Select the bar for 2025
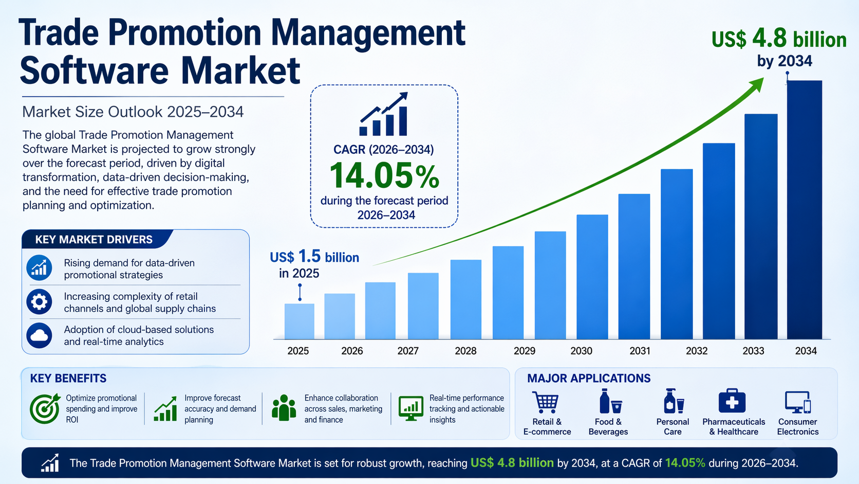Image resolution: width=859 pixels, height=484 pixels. [x=299, y=321]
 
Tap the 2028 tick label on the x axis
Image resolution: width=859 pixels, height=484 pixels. [x=465, y=351]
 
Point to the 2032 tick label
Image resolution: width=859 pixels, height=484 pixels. [x=697, y=351]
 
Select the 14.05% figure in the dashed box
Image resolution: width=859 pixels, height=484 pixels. [x=384, y=176]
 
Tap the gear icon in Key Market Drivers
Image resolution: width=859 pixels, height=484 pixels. [x=40, y=302]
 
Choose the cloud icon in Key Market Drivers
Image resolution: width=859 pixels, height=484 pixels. [x=40, y=335]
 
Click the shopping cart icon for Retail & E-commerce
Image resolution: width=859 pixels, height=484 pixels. [x=546, y=402]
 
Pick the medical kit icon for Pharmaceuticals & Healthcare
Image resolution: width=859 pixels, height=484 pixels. [x=732, y=401]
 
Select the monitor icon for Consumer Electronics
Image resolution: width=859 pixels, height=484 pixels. [x=797, y=402]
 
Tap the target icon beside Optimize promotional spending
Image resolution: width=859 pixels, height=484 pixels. [x=45, y=409]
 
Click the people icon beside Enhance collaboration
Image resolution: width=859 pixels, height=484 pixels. [x=284, y=408]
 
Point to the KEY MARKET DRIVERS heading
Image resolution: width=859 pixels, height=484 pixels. [x=94, y=240]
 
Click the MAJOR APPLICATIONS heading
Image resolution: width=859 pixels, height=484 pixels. [x=589, y=379]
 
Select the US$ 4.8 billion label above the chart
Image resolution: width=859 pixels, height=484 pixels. [x=779, y=40]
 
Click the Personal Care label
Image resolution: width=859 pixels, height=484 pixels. [x=673, y=427]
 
